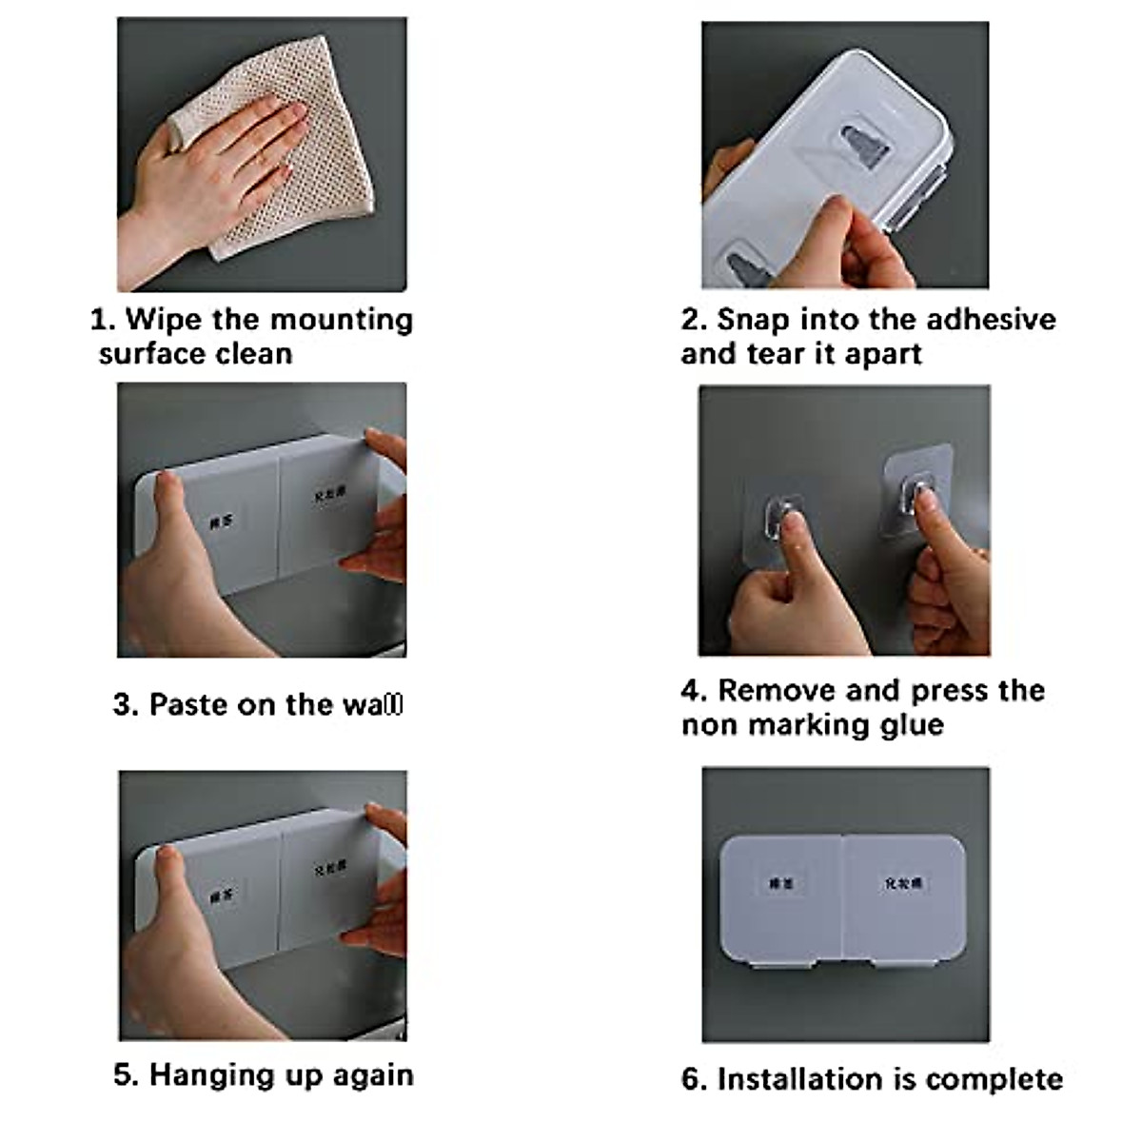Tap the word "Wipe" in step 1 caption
(x=164, y=319)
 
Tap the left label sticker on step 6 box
(x=780, y=884)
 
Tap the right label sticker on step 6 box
(x=902, y=884)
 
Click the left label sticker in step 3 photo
(x=222, y=521)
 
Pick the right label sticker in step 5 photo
(x=329, y=868)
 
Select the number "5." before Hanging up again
(x=126, y=1075)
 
